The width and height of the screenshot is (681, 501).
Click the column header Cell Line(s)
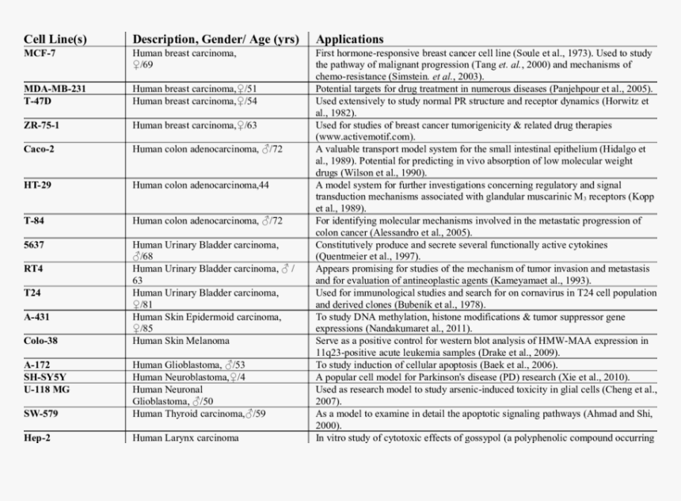[55, 39]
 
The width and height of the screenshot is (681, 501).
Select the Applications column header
[349, 39]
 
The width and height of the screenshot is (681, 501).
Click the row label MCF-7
[40, 53]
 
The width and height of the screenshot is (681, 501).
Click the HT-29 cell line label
[38, 185]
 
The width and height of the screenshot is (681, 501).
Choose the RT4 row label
[33, 269]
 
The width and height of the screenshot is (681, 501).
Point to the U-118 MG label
[48, 389]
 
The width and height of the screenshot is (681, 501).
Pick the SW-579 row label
[41, 413]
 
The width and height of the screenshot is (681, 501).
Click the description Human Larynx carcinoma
[185, 438]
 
